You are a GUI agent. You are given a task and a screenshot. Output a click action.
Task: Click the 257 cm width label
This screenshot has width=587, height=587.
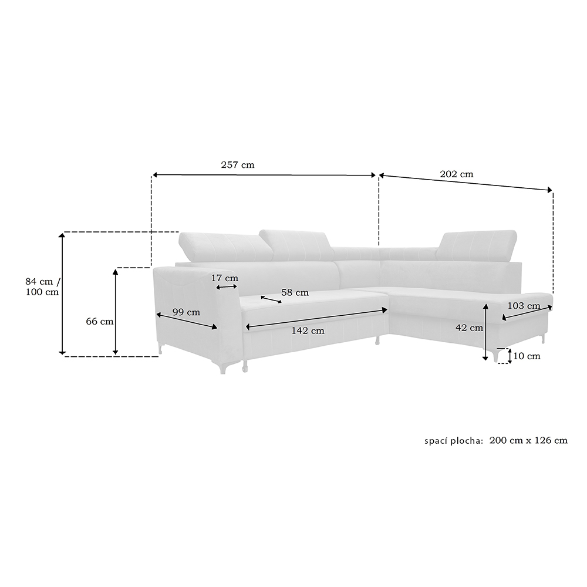click(237, 165)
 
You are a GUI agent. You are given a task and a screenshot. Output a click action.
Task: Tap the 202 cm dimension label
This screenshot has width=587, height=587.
click(456, 174)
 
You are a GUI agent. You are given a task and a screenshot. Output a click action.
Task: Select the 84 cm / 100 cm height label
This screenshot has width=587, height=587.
click(42, 286)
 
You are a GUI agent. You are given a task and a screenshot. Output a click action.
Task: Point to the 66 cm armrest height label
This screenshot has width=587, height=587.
click(100, 321)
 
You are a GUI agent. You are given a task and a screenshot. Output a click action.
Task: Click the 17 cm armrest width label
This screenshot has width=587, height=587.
click(225, 278)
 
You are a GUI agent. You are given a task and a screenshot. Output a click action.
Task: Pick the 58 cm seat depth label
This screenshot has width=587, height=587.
click(295, 292)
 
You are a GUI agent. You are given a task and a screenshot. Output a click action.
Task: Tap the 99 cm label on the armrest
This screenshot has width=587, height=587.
click(186, 312)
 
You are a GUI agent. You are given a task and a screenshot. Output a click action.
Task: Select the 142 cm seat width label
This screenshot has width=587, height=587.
click(308, 330)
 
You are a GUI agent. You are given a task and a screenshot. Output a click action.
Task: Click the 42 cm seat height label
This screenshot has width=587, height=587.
click(469, 328)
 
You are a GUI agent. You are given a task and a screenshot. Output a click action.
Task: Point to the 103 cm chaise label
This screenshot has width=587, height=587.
click(524, 306)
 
